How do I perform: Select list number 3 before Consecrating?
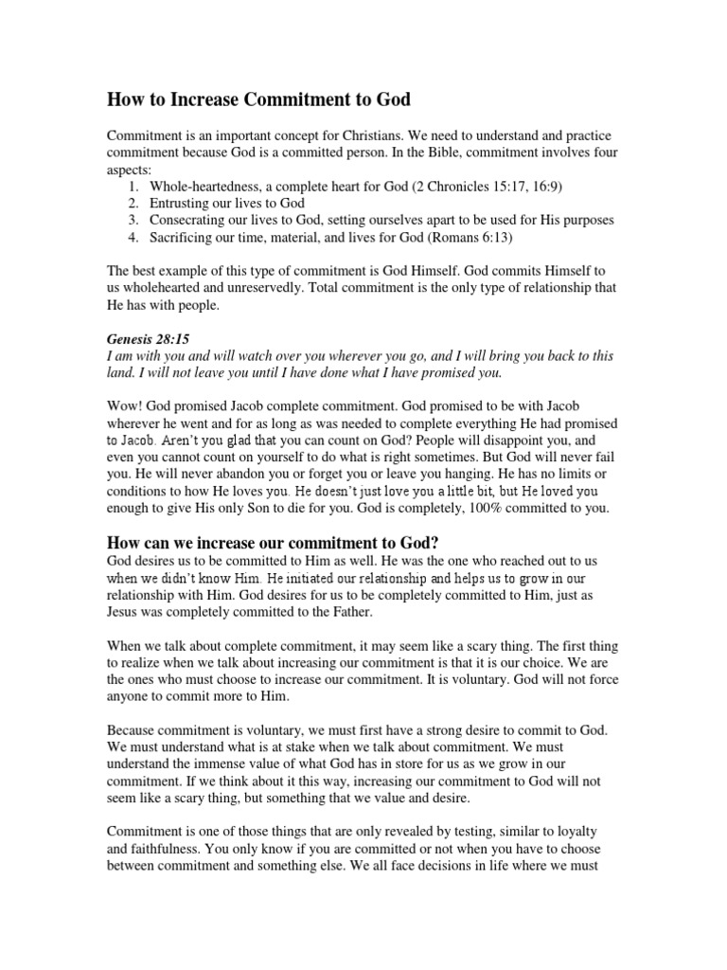point(133,220)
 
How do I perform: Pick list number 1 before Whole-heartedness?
point(133,186)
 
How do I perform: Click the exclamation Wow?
point(123,406)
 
